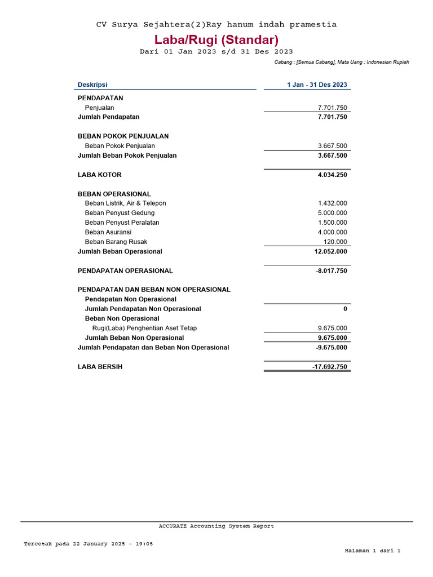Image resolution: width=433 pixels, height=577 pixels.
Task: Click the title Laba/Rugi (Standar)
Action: [x=216, y=40]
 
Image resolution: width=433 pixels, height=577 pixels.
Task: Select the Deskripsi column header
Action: [x=92, y=85]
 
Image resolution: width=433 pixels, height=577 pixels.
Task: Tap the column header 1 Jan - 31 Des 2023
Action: [x=317, y=85]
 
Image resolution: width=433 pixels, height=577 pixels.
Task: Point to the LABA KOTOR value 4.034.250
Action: [x=332, y=175]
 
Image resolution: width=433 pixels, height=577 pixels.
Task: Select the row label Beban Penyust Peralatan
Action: [x=122, y=223]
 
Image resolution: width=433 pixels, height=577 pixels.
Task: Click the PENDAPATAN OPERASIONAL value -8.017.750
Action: [x=332, y=271]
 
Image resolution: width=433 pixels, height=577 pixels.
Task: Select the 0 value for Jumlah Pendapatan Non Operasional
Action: [x=345, y=309]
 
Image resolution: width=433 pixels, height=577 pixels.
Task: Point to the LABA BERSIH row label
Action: [x=100, y=367]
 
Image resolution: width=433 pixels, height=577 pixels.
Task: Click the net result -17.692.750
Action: [x=330, y=367]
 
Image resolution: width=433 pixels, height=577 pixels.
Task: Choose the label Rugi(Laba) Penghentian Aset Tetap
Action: [x=144, y=328]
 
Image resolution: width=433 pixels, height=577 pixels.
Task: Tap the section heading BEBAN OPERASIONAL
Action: [x=114, y=194]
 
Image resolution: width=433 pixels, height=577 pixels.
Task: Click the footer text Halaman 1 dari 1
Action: [x=372, y=551]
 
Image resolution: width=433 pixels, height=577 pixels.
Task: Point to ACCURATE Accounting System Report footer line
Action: [x=216, y=526]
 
